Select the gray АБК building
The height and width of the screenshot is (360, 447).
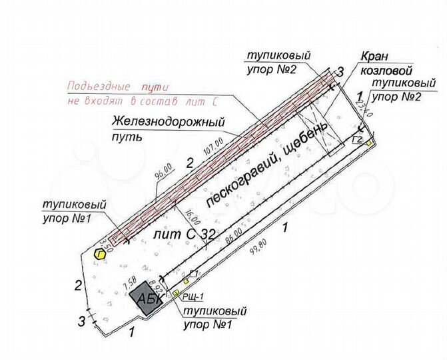tap(147, 299)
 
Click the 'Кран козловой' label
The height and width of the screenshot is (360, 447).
tap(386, 64)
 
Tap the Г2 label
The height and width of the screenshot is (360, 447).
tap(358, 139)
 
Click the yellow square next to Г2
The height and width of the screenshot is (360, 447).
tap(369, 143)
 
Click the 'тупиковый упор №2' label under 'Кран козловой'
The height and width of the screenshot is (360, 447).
tap(397, 91)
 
